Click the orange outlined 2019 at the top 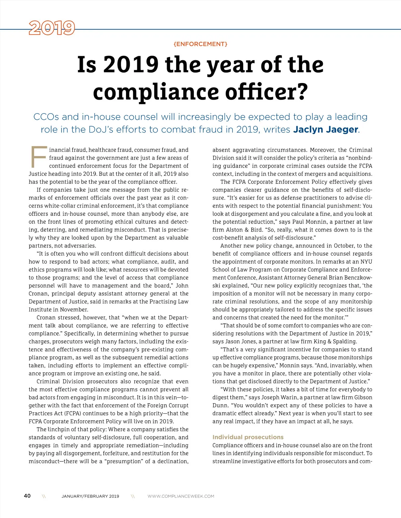tap(52, 28)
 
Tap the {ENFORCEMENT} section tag tap(200, 44)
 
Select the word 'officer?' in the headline tap(266, 92)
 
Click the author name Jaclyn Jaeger tap(326, 129)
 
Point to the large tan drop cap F tap(38, 157)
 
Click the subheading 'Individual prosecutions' tap(248, 437)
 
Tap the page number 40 tap(27, 496)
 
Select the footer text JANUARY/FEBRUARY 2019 tap(90, 496)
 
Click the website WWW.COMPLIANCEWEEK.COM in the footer tap(181, 496)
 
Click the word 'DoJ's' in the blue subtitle tap(102, 129)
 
